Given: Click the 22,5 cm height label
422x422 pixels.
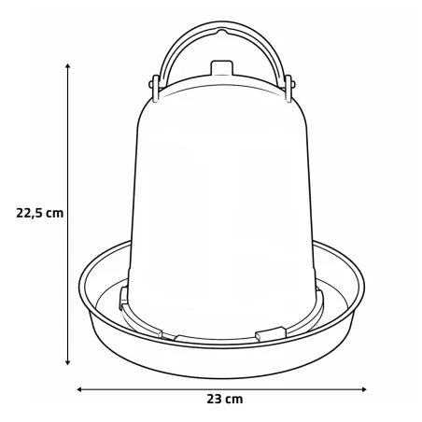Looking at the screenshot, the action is coord(40,213).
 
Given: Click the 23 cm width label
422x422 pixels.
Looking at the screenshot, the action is coord(225,399).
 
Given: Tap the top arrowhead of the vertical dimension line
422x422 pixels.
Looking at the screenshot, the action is coord(67,65).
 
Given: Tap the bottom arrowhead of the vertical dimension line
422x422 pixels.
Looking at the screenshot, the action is coord(67,362).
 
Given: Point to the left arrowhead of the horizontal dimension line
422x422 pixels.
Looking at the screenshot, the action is coord(79,389).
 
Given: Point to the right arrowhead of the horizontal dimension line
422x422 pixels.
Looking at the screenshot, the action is coord(364,389).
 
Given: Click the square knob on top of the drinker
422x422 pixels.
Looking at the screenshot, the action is coord(222,67).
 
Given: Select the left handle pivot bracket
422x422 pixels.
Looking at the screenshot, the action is coord(155,88).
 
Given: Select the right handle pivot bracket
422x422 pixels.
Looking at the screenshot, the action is coord(288,88).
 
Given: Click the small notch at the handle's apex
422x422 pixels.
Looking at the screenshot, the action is coord(221,32).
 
